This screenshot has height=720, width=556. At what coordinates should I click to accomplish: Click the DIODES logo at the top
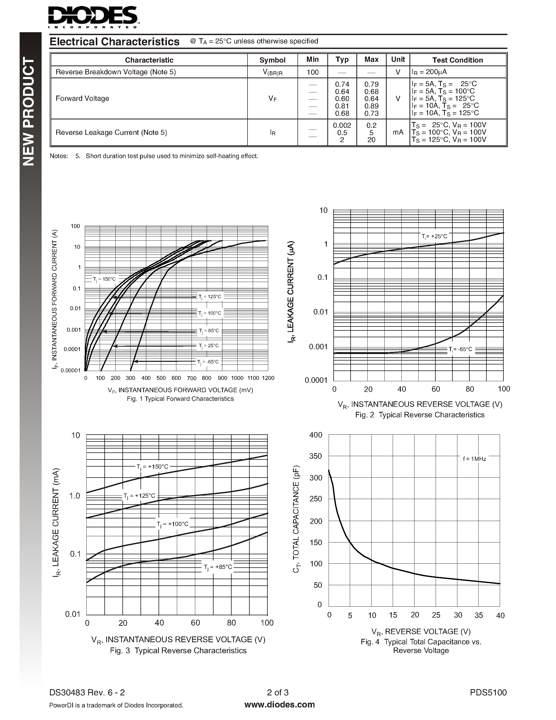pyautogui.click(x=93, y=16)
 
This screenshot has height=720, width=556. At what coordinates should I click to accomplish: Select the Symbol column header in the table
pyautogui.click(x=272, y=60)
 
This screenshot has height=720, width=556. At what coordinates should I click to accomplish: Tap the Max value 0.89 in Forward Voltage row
pyautogui.click(x=371, y=106)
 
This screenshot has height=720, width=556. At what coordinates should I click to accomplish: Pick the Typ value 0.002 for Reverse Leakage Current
pyautogui.click(x=342, y=125)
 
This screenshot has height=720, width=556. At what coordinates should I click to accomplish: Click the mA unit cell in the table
pyautogui.click(x=398, y=132)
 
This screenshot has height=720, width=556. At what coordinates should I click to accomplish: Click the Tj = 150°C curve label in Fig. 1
pyautogui.click(x=104, y=279)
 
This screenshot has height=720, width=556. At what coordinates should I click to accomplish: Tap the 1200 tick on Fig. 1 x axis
pyautogui.click(x=268, y=378)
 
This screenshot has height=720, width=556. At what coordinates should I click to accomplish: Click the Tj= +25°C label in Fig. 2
pyautogui.click(x=434, y=236)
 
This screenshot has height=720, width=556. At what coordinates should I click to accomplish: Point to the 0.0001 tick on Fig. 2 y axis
pyautogui.click(x=316, y=380)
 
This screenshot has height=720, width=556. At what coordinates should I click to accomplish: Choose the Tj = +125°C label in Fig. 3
pyautogui.click(x=139, y=496)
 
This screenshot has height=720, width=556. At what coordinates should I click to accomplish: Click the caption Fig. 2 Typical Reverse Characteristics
pyautogui.click(x=420, y=415)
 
